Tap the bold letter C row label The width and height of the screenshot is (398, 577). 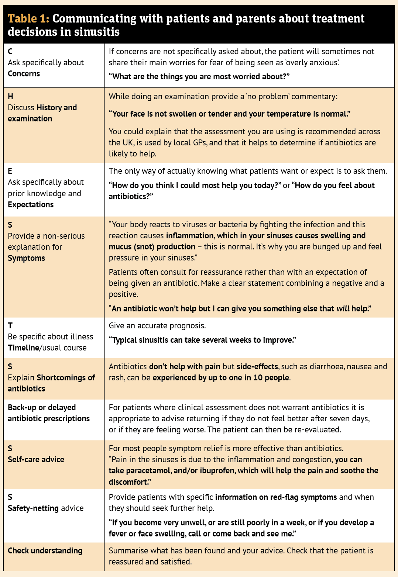coord(10,52)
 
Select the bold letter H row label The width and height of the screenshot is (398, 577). coord(10,97)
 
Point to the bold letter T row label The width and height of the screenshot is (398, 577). coord(10,326)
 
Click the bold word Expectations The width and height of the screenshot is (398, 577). coord(31,205)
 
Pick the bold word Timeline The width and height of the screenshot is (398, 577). coord(23,348)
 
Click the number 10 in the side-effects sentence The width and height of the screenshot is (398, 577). coord(258,378)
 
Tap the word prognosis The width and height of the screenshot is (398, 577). coord(187,326)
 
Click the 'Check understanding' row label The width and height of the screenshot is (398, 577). coord(45,551)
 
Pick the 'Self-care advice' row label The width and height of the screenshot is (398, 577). coord(36,460)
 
